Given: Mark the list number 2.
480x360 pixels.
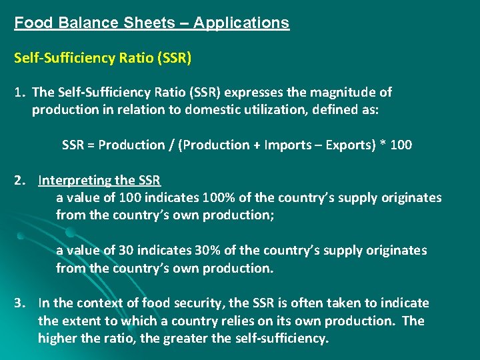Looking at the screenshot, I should click(20, 180).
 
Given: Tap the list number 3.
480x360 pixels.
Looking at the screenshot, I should click(20, 303).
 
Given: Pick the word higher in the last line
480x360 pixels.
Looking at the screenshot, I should click(58, 338).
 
